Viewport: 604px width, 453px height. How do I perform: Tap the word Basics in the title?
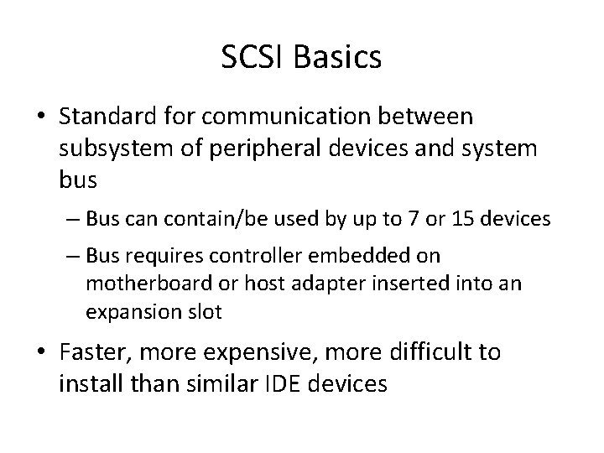(x=340, y=58)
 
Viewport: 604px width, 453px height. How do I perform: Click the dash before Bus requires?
(x=70, y=254)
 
